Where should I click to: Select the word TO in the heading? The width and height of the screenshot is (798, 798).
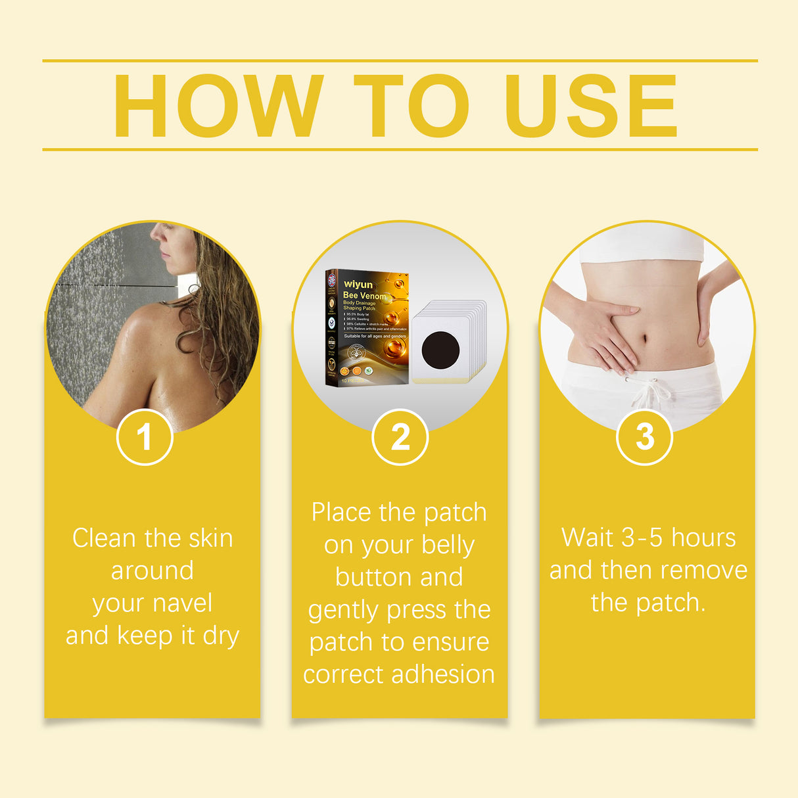(411, 106)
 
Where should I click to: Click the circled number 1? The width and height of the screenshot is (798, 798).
(145, 437)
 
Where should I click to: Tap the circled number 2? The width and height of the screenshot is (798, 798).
(400, 437)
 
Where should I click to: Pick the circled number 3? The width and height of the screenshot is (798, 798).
(645, 437)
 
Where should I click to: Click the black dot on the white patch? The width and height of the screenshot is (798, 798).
(440, 349)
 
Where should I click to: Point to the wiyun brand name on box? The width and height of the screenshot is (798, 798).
(358, 285)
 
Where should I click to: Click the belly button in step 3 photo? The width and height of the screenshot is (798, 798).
(644, 339)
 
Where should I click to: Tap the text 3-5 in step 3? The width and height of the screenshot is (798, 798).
(642, 538)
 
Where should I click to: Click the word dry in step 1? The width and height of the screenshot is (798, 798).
(221, 636)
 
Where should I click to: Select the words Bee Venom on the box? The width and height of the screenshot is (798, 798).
(365, 296)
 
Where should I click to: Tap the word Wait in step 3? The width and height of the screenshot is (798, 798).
(588, 538)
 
